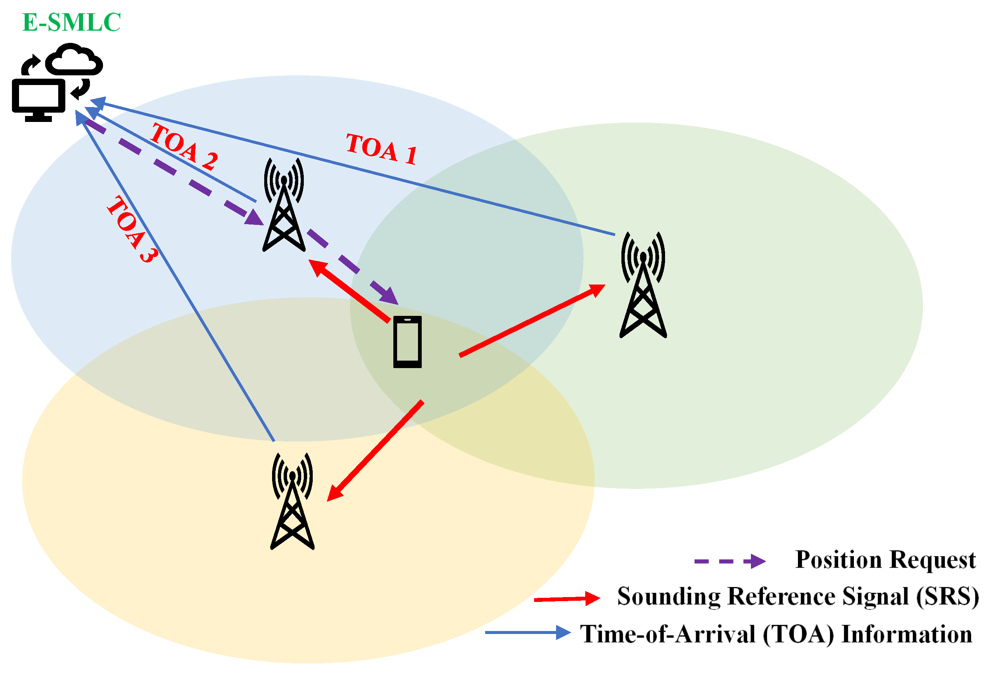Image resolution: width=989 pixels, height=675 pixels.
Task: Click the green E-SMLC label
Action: (72, 22)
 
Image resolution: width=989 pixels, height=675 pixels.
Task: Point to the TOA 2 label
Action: (184, 146)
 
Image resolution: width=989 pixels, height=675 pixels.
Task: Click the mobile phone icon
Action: (407, 342)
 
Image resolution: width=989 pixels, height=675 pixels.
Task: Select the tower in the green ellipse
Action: (643, 285)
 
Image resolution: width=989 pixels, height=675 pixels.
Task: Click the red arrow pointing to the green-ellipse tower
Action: (532, 320)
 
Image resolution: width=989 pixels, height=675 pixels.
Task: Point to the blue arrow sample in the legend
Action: (528, 632)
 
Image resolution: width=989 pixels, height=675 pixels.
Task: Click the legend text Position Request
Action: (886, 560)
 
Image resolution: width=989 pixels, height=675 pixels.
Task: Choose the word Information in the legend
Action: (907, 634)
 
